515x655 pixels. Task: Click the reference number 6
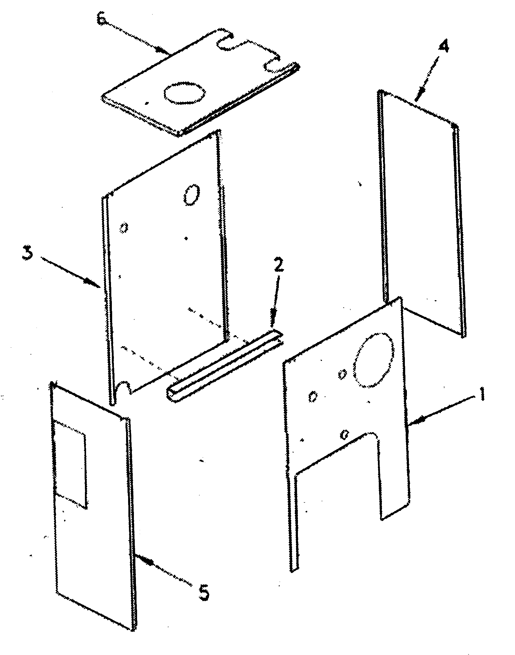pyautogui.click(x=102, y=21)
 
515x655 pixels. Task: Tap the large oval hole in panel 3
pyautogui.click(x=191, y=195)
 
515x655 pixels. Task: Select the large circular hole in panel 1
pyautogui.click(x=374, y=359)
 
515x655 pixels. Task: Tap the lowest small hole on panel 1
pyautogui.click(x=344, y=434)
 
